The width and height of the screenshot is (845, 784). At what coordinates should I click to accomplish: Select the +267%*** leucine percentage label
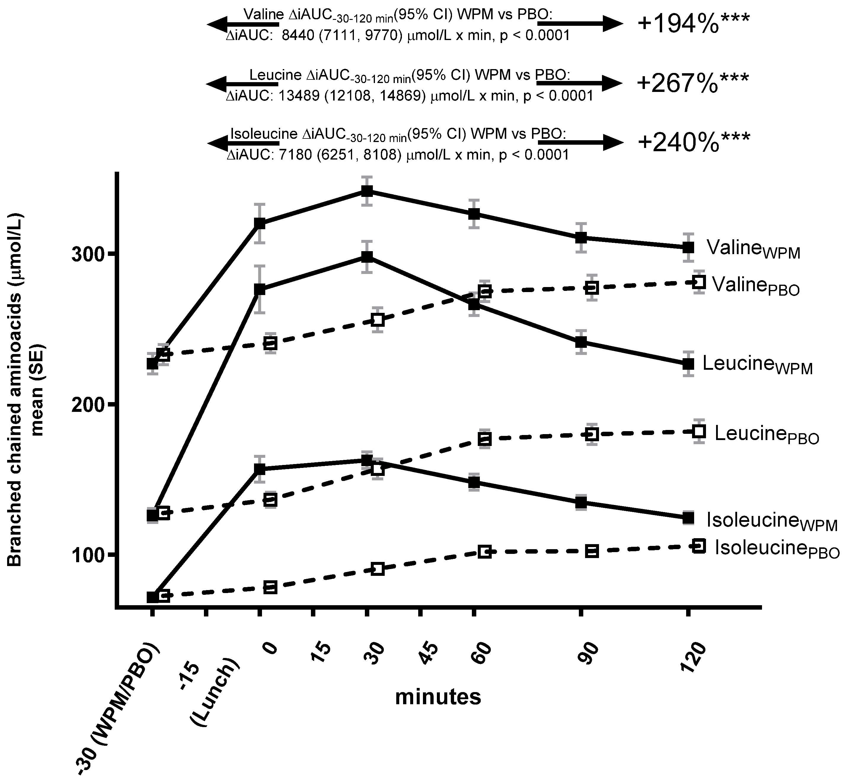click(x=693, y=83)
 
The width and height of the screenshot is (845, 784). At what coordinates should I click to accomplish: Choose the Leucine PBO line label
click(x=766, y=435)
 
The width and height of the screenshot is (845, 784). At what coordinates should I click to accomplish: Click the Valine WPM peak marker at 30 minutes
click(x=367, y=191)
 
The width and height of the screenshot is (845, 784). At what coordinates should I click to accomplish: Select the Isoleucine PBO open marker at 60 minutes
click(x=485, y=552)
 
